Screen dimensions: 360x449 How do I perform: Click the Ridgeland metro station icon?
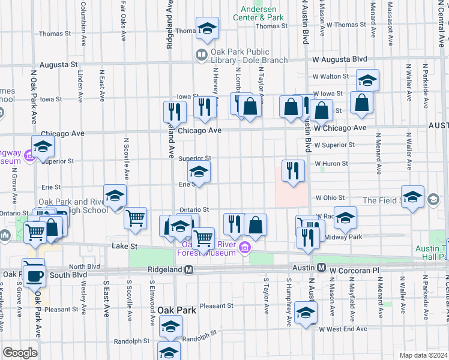click(x=188, y=270)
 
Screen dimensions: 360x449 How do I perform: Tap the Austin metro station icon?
click(x=321, y=267)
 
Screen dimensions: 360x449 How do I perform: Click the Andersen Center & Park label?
click(x=262, y=13)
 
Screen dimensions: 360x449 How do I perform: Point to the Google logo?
click(x=20, y=352)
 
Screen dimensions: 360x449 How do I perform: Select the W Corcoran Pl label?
click(x=355, y=271)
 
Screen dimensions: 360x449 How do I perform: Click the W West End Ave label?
click(x=342, y=329)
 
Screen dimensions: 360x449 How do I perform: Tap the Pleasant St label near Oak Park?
click(x=216, y=305)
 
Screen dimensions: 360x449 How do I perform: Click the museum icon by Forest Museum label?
click(x=244, y=248)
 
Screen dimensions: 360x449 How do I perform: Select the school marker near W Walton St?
click(x=367, y=80)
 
